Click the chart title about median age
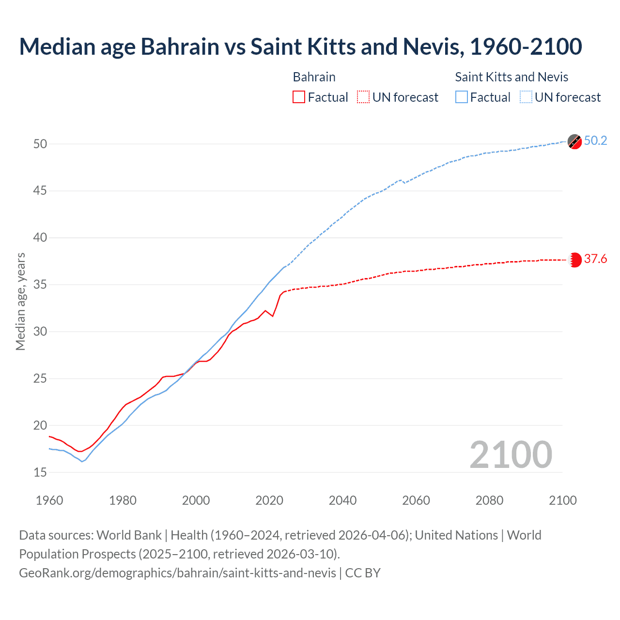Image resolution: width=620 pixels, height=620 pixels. click(x=300, y=46)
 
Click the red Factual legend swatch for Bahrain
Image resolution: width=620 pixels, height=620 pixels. click(x=299, y=97)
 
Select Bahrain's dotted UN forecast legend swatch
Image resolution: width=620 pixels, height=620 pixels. click(x=363, y=97)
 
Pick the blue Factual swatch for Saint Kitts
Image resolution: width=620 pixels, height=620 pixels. click(x=462, y=97)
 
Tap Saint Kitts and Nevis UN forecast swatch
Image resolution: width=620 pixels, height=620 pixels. click(x=526, y=97)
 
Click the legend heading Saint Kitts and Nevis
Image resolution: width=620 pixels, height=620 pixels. click(x=511, y=77)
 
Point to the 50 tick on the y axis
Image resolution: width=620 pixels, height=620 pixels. click(x=40, y=144)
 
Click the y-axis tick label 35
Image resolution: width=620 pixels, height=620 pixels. click(x=40, y=284)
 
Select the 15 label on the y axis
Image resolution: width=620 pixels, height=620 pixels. click(x=40, y=472)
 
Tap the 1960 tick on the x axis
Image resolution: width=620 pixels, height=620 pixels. click(x=49, y=500)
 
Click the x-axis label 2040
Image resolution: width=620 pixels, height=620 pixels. click(x=342, y=500)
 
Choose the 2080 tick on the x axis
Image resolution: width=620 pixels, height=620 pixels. click(x=489, y=500)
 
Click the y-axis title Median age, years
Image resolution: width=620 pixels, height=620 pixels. click(x=20, y=301)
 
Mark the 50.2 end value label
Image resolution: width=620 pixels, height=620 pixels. click(x=595, y=141)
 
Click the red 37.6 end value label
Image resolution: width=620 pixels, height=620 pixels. click(x=595, y=259)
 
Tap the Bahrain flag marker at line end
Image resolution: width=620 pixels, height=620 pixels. click(x=575, y=260)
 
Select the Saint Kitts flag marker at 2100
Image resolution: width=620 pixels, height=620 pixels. click(x=574, y=141)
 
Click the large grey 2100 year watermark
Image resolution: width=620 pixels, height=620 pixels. click(x=511, y=455)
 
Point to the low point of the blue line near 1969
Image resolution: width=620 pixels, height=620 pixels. click(x=82, y=462)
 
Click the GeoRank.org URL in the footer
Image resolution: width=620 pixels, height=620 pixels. click(x=177, y=573)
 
